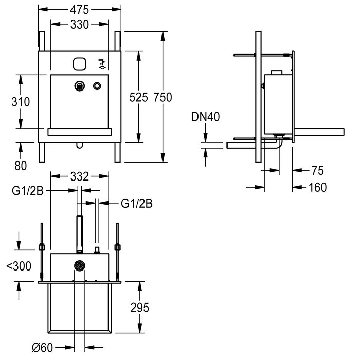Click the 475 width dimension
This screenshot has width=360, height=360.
[79, 9]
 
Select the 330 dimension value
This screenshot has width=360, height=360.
[79, 24]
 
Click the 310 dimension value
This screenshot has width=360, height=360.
[21, 101]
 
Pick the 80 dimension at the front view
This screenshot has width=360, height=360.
[21, 166]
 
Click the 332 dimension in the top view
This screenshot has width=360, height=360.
[79, 177]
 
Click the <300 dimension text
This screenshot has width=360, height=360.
[18, 266]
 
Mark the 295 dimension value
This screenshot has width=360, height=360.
[139, 308]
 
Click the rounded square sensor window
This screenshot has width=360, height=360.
[79, 63]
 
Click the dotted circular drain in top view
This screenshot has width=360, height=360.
[79, 266]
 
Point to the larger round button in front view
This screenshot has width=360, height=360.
[80, 86]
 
